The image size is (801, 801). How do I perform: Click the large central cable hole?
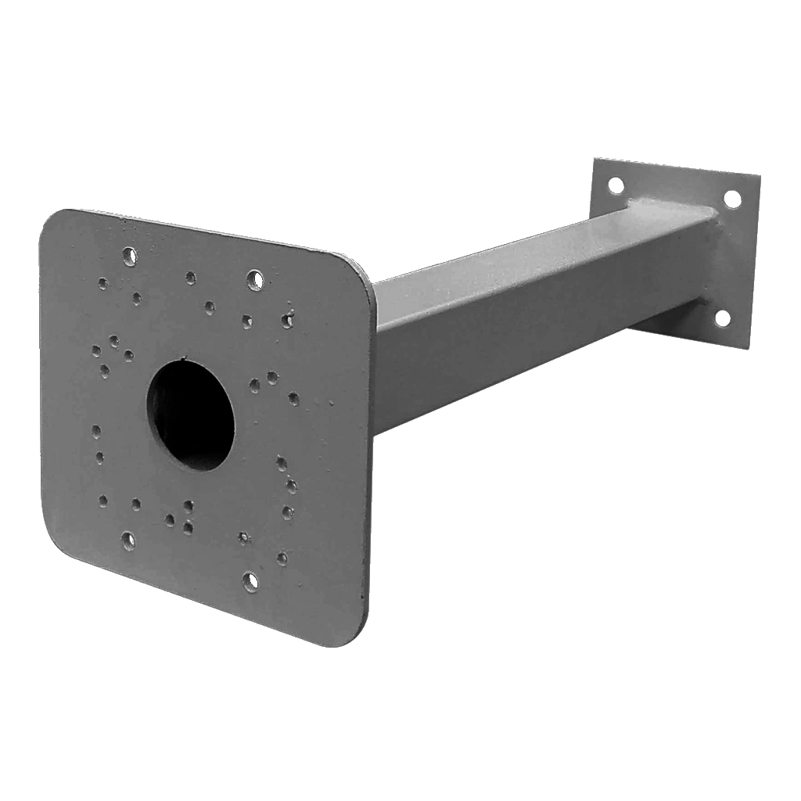[x=191, y=415]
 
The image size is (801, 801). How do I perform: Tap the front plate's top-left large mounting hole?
[x=129, y=255]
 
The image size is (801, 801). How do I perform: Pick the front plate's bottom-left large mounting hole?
[x=128, y=540]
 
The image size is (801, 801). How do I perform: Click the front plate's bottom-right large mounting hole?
[x=250, y=580]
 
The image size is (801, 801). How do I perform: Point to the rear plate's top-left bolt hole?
[x=616, y=185]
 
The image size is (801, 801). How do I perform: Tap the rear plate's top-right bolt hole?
[x=732, y=199]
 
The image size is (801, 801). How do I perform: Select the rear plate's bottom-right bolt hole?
[x=723, y=318]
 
